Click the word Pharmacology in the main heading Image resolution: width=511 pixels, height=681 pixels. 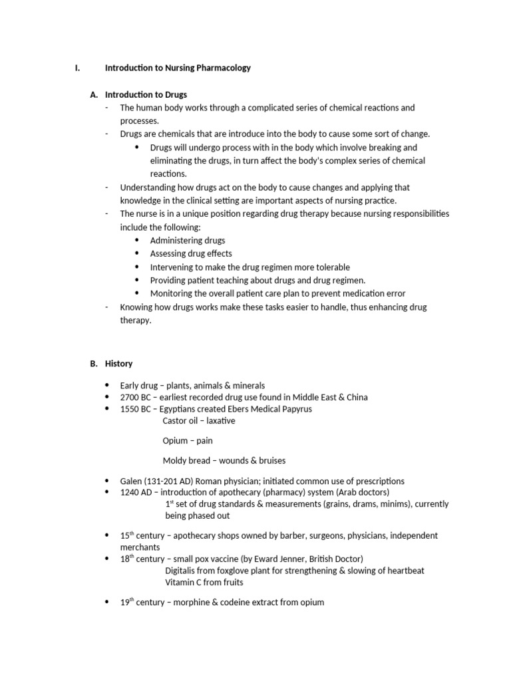pyautogui.click(x=224, y=68)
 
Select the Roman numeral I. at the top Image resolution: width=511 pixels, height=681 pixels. pyautogui.click(x=77, y=68)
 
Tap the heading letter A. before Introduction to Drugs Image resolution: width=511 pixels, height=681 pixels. pyautogui.click(x=94, y=94)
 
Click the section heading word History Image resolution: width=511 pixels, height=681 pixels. pyautogui.click(x=120, y=364)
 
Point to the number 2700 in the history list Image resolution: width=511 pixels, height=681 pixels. pyautogui.click(x=130, y=397)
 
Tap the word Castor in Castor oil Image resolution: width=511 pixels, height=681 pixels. pyautogui.click(x=175, y=421)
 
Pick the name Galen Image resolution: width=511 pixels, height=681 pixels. pyautogui.click(x=132, y=481)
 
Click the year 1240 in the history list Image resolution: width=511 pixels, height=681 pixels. pyautogui.click(x=130, y=492)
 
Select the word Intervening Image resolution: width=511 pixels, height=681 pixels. pyautogui.click(x=172, y=267)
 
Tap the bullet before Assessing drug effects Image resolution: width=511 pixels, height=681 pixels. pyautogui.click(x=137, y=253)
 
